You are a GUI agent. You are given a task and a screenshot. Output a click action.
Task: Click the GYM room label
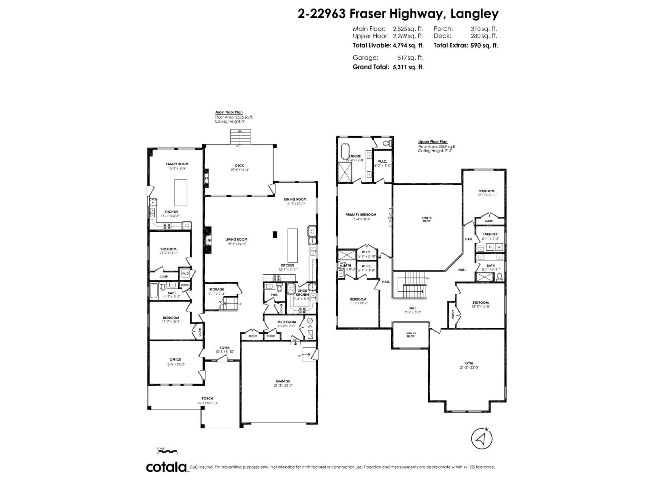point(469,363)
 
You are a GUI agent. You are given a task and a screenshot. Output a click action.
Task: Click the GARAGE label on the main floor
point(283,381)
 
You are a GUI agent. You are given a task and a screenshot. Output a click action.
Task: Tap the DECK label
point(239,166)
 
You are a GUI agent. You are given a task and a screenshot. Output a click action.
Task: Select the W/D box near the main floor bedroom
point(185,274)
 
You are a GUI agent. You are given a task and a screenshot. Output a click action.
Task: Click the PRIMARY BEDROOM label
point(361,215)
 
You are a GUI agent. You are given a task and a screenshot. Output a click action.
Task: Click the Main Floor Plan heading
point(229,112)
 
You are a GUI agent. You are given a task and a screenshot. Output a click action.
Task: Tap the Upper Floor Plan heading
point(433,142)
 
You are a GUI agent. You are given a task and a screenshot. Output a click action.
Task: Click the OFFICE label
point(175,359)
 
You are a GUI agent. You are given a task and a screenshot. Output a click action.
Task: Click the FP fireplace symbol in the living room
point(209,240)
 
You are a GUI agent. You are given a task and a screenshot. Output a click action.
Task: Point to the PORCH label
point(207,398)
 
